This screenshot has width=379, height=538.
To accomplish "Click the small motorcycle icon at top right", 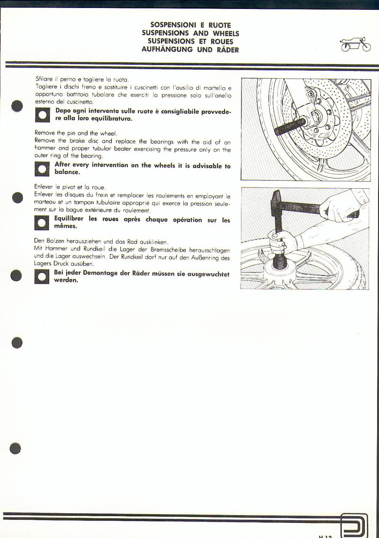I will (x=355, y=45).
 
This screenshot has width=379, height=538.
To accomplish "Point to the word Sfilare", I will (x=43, y=79).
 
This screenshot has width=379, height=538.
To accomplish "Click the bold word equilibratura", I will (x=106, y=119).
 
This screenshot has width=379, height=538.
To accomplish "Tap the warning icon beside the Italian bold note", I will (x=42, y=115).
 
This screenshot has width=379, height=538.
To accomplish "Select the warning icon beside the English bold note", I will (x=42, y=169).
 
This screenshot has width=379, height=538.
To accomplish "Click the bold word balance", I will (x=67, y=172).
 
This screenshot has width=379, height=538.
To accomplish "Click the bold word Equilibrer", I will (x=69, y=219).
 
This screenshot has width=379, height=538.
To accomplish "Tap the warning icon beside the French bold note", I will (x=42, y=223).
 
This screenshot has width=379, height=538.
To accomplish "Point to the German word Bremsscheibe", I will (x=170, y=250).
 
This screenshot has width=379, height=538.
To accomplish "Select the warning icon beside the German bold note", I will (x=42, y=277).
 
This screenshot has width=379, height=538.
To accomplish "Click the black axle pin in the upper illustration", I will (x=289, y=127).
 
